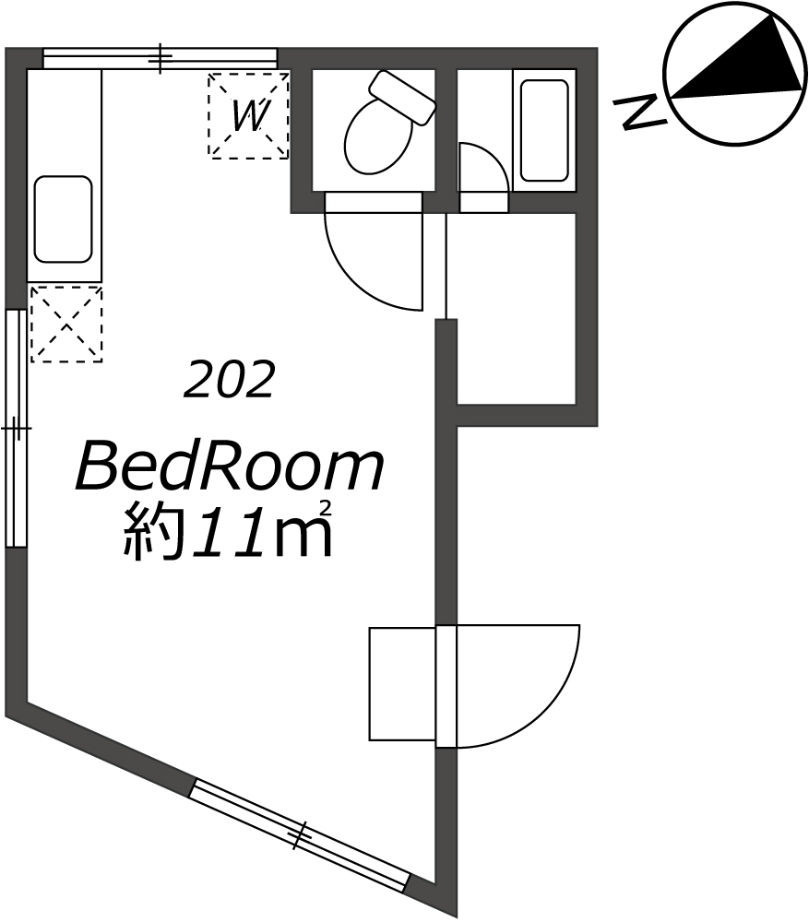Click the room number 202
(x=229, y=380)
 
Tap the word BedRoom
(x=230, y=468)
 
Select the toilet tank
(x=402, y=97)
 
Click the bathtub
(x=544, y=130)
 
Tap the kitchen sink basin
(x=64, y=219)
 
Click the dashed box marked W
(x=248, y=115)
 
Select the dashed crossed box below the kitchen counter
(x=65, y=324)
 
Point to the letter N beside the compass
(x=640, y=112)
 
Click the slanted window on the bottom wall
(x=299, y=833)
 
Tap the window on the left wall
(x=16, y=428)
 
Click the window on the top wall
(x=160, y=59)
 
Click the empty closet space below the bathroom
(x=517, y=308)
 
